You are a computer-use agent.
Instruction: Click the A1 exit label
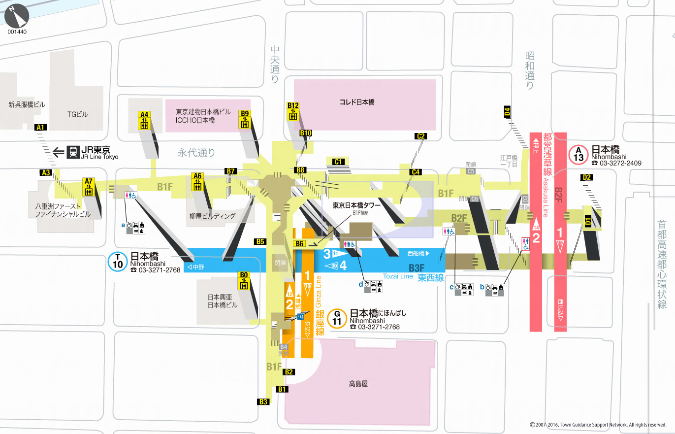click(x=41, y=128)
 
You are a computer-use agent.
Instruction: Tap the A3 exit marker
click(x=46, y=172)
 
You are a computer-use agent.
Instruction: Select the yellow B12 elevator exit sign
click(x=293, y=111)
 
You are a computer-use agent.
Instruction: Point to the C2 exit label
click(x=420, y=136)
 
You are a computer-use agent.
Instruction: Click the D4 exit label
click(x=507, y=112)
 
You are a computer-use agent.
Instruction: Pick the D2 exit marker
click(x=586, y=177)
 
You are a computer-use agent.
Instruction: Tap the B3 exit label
click(x=263, y=401)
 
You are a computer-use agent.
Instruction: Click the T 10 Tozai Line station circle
click(x=117, y=262)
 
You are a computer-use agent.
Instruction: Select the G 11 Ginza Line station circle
click(x=337, y=318)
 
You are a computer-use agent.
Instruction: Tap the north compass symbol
click(x=17, y=16)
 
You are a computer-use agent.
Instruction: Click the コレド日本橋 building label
click(x=357, y=102)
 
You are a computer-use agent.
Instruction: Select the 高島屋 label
click(x=358, y=383)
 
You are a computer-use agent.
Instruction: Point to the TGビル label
click(x=77, y=114)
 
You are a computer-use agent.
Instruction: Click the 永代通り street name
click(x=196, y=153)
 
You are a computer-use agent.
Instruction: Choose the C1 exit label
click(x=338, y=162)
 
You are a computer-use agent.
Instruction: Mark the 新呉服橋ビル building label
click(x=27, y=104)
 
